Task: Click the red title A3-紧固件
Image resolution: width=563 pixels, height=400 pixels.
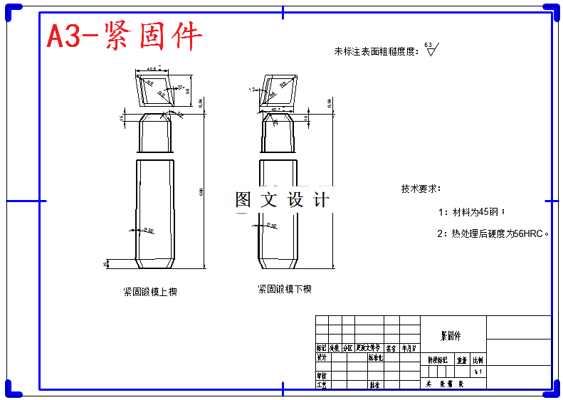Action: (125, 36)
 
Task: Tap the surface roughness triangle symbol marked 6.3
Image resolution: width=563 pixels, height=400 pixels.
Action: (431, 50)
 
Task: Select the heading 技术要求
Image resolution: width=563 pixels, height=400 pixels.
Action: (421, 189)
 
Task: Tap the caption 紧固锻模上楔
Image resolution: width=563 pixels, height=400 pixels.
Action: (150, 292)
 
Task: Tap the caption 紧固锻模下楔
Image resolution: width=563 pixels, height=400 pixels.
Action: (285, 290)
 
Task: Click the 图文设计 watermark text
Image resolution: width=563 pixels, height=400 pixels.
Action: (283, 200)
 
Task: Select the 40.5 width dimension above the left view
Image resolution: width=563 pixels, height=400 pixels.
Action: (152, 69)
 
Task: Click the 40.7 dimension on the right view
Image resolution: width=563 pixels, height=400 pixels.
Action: (277, 109)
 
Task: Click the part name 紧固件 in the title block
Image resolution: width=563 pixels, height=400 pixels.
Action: (451, 335)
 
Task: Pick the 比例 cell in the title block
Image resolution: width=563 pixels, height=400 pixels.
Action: (478, 360)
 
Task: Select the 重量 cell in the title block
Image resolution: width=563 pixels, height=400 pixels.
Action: (462, 360)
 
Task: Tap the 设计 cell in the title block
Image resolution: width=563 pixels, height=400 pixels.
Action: (321, 358)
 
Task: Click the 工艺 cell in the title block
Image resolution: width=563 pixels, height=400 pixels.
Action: (321, 384)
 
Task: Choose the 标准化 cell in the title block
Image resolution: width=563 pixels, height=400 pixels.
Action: (376, 358)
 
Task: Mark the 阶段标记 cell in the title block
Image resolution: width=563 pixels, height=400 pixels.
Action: (438, 360)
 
